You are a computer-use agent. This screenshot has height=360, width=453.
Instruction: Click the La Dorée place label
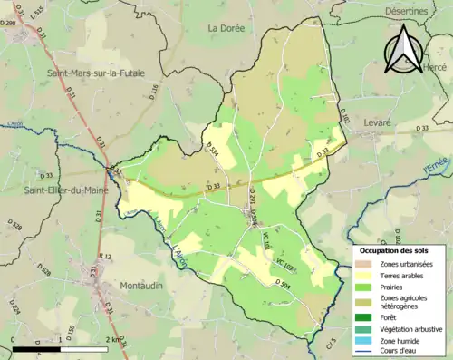tap(226, 28)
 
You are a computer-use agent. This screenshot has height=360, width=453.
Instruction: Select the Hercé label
tap(435, 68)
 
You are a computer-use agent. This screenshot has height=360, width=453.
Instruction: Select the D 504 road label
tap(282, 284)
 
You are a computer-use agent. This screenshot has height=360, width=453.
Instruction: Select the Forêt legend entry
tap(391, 317)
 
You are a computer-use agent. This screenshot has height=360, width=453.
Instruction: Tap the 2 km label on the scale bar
tap(113, 340)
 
